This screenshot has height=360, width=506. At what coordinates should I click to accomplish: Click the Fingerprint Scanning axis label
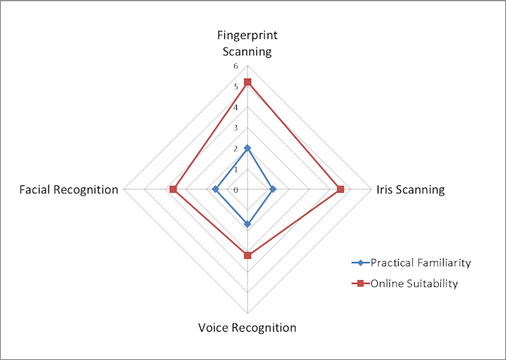(248, 43)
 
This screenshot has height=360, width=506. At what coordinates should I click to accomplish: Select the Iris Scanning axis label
(410, 189)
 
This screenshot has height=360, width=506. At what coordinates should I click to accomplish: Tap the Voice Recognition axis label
(247, 328)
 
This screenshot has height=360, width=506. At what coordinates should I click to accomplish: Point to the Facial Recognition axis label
(69, 189)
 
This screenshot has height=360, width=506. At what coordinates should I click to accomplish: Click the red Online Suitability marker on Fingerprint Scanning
(248, 82)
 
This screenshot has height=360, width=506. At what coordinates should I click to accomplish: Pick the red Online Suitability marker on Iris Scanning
(340, 189)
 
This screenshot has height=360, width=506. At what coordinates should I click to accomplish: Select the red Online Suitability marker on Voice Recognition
(248, 255)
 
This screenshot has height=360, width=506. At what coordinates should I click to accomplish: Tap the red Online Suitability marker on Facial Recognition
(173, 189)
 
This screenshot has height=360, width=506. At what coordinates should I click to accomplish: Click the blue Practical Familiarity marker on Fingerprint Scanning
(248, 148)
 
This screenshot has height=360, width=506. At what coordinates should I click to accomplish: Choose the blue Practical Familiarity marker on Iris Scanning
(272, 189)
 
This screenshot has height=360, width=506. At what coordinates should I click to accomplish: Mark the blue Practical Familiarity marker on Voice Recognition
(248, 224)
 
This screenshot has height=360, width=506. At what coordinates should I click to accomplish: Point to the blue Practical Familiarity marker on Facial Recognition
(215, 189)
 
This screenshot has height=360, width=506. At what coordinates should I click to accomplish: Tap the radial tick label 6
(235, 66)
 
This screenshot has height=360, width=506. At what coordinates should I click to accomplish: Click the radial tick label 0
(235, 190)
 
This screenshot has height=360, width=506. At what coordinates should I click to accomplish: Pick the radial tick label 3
(235, 128)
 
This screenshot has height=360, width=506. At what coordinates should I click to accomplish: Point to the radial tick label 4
(235, 107)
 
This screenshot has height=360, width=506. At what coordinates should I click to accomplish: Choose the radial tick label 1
(235, 169)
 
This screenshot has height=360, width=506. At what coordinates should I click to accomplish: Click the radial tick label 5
(235, 87)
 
